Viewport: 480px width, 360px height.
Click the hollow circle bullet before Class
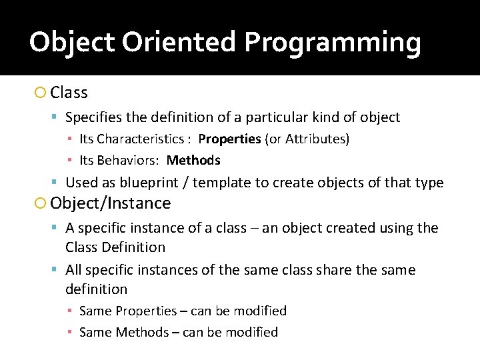pyautogui.click(x=41, y=93)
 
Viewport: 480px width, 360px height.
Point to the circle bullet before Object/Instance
pyautogui.click(x=41, y=203)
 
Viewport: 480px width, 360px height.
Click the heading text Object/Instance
pyautogui.click(x=111, y=203)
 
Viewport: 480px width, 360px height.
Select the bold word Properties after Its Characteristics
pyautogui.click(x=229, y=139)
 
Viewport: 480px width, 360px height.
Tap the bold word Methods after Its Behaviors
pyautogui.click(x=193, y=161)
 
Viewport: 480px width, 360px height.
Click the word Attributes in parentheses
pyautogui.click(x=315, y=139)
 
